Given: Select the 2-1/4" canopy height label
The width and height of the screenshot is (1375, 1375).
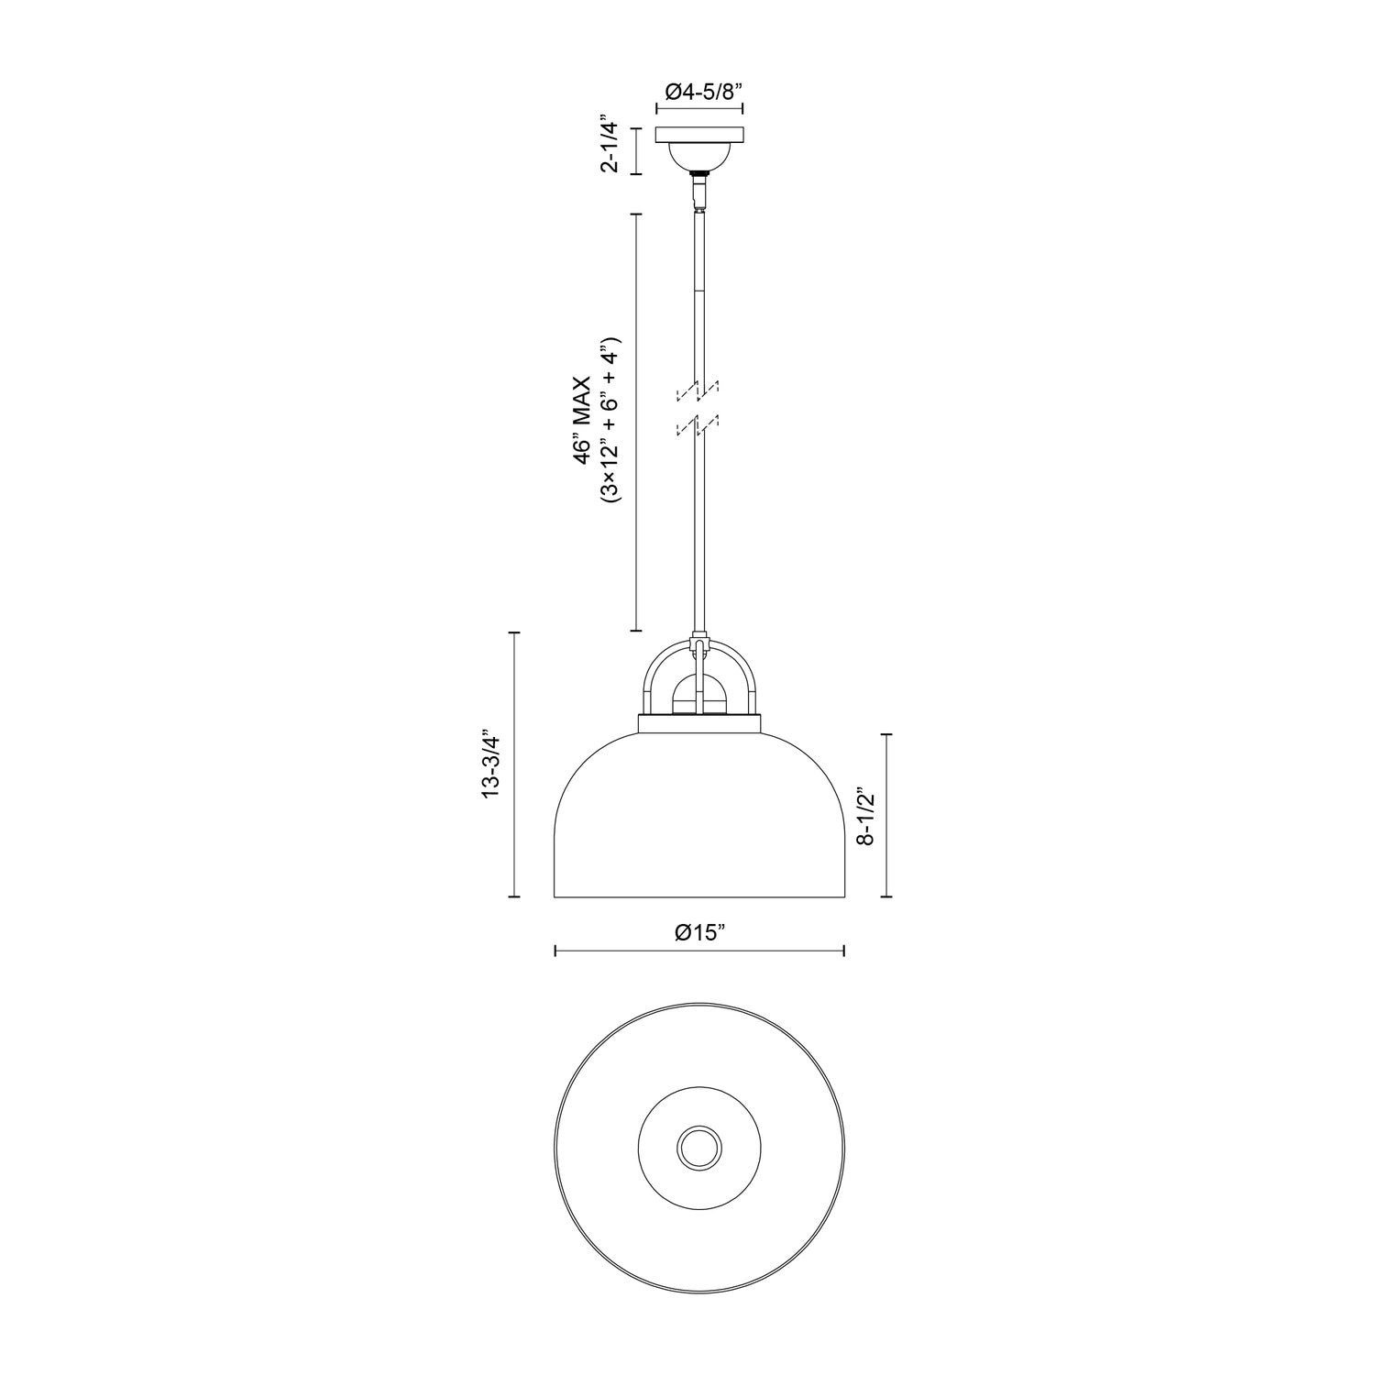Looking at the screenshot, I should (609, 144).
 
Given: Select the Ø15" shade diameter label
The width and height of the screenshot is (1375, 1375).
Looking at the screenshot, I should (699, 933).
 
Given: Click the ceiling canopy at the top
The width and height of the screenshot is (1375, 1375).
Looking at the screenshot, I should (699, 136).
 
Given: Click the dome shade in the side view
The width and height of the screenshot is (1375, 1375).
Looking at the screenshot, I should (699, 825).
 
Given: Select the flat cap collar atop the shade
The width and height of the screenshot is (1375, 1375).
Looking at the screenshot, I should (699, 724).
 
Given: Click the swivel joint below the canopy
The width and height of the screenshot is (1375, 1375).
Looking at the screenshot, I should (699, 191).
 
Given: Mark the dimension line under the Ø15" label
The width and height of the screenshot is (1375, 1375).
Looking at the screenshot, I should (699, 951).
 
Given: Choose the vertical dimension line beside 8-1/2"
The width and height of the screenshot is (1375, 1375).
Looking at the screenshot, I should (885, 815).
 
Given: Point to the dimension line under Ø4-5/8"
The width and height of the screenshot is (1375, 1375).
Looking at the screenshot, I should (699, 108).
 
